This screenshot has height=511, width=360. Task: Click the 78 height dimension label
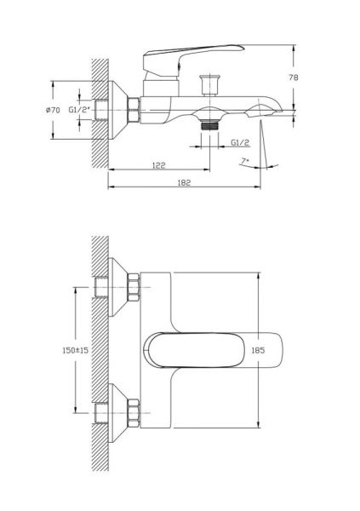[x=293, y=78]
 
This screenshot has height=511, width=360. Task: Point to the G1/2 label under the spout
[x=239, y=144]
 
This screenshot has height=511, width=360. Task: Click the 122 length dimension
[x=158, y=165]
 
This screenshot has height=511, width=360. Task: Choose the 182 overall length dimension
[x=184, y=182]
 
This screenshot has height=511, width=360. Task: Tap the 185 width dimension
[x=259, y=350]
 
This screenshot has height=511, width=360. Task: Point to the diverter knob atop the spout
[x=208, y=83]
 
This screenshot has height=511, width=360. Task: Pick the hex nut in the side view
[x=134, y=110]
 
